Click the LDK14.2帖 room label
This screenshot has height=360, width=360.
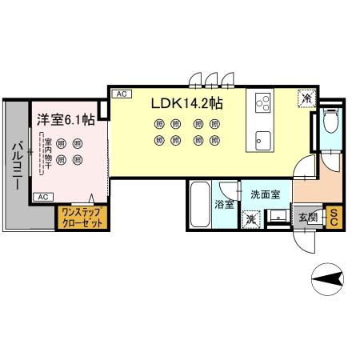[190, 104]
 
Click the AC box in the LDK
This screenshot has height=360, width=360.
[122, 94]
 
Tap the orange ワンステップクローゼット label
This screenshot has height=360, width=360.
[80, 218]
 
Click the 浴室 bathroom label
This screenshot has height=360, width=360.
[224, 205]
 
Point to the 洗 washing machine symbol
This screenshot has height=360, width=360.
[251, 218]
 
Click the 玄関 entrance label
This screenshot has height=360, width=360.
[309, 216]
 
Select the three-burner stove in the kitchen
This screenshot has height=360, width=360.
[263, 103]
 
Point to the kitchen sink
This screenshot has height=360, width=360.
[262, 138]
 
